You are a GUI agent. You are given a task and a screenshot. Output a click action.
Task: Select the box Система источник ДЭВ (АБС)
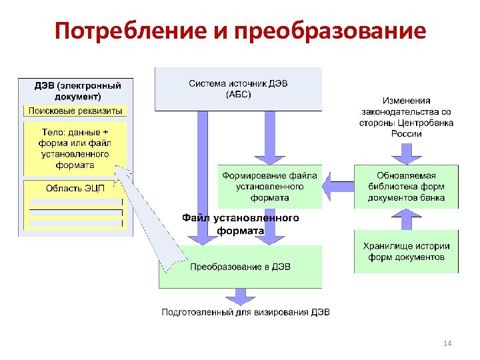pyautogui.click(x=238, y=89)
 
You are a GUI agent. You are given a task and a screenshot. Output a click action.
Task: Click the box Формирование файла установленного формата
pyautogui.click(x=269, y=187)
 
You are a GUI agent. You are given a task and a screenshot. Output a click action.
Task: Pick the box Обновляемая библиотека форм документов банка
pyautogui.click(x=406, y=187)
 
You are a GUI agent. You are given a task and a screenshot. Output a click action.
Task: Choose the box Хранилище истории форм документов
pyautogui.click(x=406, y=251)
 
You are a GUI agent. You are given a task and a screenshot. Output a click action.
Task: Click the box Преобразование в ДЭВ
pyautogui.click(x=240, y=267)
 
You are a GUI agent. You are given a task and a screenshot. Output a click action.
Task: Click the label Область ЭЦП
pyautogui.click(x=75, y=188)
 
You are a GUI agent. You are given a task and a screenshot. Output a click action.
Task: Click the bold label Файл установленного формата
pyautogui.click(x=241, y=224)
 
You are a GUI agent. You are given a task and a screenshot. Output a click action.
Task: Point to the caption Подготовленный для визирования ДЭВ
pyautogui.click(x=246, y=313)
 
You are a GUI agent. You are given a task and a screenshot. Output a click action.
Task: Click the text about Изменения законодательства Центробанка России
pyautogui.click(x=406, y=117)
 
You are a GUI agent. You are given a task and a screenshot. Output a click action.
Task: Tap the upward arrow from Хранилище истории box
pyautogui.click(x=405, y=217)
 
